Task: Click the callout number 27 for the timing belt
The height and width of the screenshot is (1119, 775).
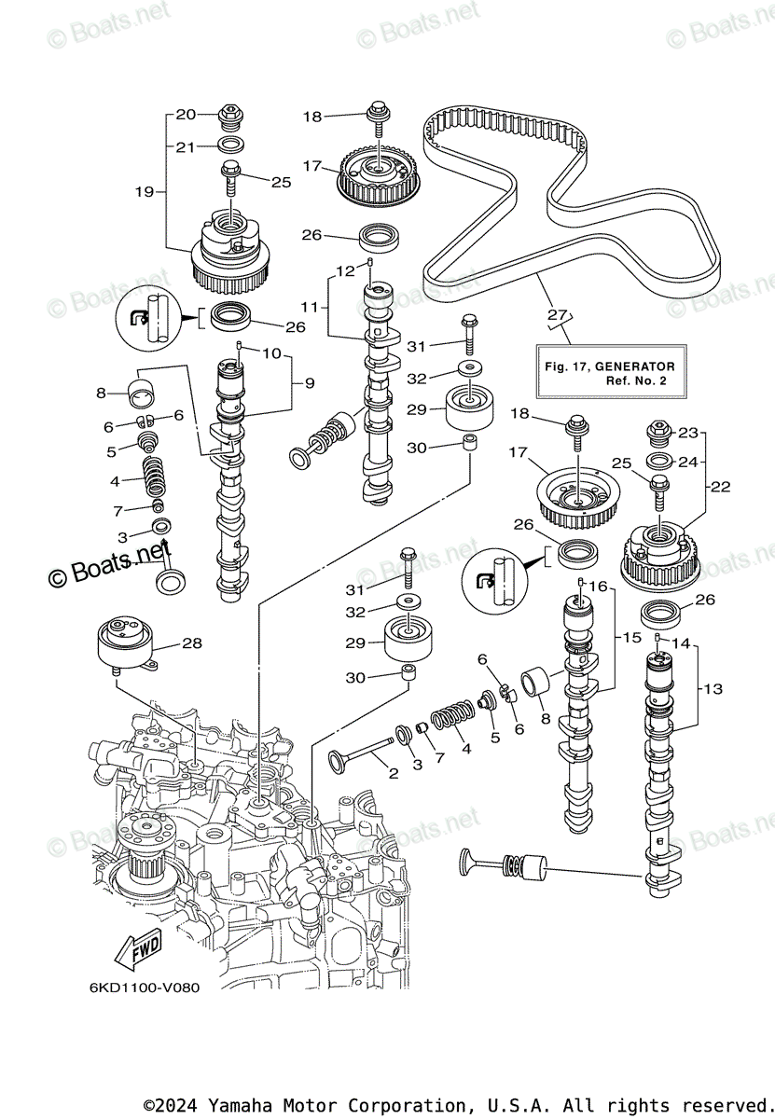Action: (x=557, y=315)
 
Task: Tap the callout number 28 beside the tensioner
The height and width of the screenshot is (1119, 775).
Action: (x=192, y=642)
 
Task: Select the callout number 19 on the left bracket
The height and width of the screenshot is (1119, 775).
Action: (x=145, y=191)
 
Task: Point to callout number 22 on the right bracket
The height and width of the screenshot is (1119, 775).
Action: (x=720, y=486)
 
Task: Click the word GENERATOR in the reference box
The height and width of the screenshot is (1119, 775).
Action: (x=635, y=366)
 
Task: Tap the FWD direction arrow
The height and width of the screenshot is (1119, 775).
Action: (x=138, y=948)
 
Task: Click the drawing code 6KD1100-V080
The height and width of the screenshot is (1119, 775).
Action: (x=145, y=988)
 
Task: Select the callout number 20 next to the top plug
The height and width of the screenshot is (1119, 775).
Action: (x=186, y=115)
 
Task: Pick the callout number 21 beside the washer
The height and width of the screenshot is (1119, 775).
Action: (x=185, y=147)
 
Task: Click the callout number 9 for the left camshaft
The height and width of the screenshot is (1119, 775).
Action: (x=310, y=383)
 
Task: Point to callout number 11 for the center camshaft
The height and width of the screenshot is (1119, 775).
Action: (x=310, y=306)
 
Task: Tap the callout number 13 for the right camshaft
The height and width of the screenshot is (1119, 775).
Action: (x=713, y=689)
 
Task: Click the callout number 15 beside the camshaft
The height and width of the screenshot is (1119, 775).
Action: (x=631, y=638)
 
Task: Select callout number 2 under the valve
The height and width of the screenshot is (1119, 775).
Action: (x=394, y=773)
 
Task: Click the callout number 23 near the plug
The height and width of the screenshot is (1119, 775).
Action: (x=687, y=433)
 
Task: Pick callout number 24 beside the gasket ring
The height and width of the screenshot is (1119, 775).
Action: (x=687, y=463)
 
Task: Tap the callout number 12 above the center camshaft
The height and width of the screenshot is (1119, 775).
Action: (x=345, y=271)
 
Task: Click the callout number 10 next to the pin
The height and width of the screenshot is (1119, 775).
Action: (x=271, y=353)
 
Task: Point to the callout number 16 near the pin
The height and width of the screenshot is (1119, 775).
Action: (x=598, y=586)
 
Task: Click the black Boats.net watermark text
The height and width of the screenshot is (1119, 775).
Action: (x=109, y=565)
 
